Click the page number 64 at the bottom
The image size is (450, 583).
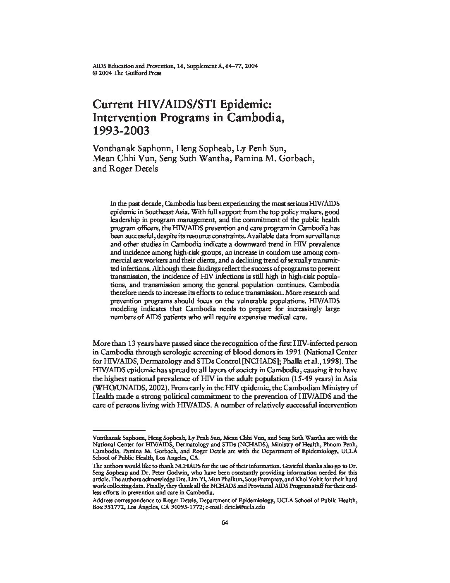225,522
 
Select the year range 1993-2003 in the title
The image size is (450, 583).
120,131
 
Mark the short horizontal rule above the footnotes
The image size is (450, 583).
119,430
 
